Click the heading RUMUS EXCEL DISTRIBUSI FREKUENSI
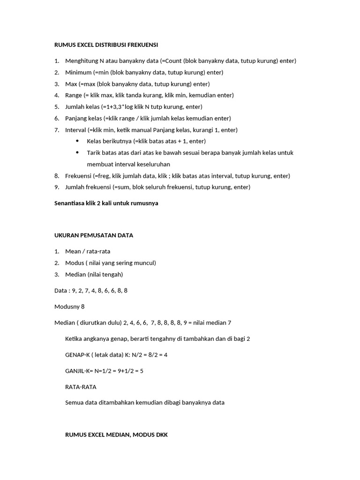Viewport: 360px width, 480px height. pyautogui.click(x=106, y=45)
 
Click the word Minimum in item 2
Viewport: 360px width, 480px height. pyautogui.click(x=78, y=72)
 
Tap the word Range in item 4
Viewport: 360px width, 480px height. pyautogui.click(x=73, y=95)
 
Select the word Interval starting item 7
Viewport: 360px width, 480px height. pyautogui.click(x=75, y=130)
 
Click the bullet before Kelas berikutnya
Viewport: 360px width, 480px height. pyautogui.click(x=77, y=141)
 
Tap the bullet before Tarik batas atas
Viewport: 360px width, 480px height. pyautogui.click(x=77, y=153)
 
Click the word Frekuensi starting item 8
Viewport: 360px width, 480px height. pyautogui.click(x=78, y=176)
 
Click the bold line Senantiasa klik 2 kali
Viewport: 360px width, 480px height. pyautogui.click(x=106, y=203)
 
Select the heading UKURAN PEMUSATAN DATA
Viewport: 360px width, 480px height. pyautogui.click(x=94, y=235)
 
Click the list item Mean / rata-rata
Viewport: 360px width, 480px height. pyautogui.click(x=88, y=251)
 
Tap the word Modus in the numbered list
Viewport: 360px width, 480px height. pyautogui.click(x=74, y=262)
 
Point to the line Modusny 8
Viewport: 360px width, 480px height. pyautogui.click(x=69, y=307)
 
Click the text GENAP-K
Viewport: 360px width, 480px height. pyautogui.click(x=77, y=355)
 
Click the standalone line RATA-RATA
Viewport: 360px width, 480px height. pyautogui.click(x=81, y=387)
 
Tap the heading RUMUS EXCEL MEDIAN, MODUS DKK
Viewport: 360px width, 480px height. pyautogui.click(x=116, y=435)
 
